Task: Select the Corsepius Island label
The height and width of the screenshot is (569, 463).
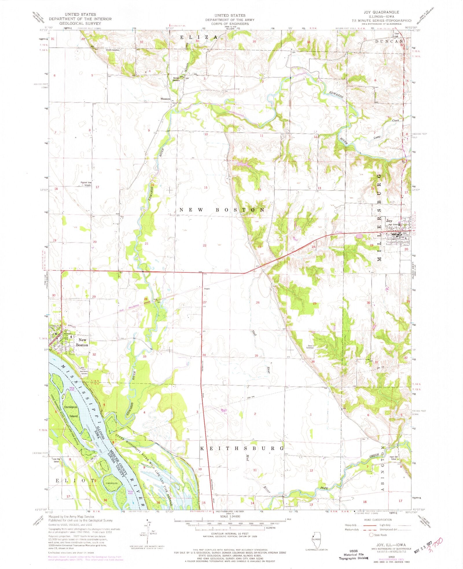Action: (71, 411)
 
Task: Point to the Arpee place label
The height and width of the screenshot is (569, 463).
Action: (207, 288)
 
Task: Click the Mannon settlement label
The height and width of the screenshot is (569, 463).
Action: (165, 99)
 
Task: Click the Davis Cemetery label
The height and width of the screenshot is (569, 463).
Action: (310, 348)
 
